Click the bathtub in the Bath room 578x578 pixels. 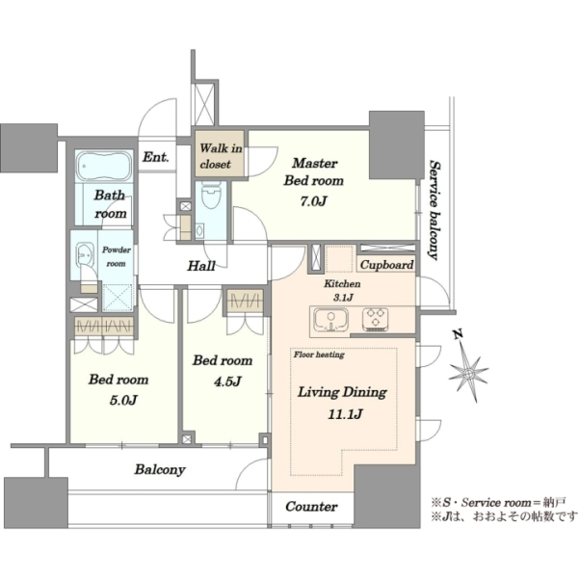point(105,167)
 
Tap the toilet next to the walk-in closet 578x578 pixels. point(211,195)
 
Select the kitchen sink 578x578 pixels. point(330,320)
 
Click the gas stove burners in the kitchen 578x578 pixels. point(376,318)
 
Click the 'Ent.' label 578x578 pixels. point(156,157)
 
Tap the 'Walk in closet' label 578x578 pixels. point(221,156)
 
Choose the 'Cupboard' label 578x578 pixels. point(386,265)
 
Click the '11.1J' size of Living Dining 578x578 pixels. point(346,414)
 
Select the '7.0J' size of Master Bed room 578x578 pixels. point(314,201)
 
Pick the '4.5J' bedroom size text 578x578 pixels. point(227,381)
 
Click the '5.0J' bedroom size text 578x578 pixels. point(123,401)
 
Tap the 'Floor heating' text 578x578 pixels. point(319,355)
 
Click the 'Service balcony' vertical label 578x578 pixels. point(435,210)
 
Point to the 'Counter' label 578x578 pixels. point(311,507)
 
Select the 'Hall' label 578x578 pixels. point(201,266)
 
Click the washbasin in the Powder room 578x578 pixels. point(84,252)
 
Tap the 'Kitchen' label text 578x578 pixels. point(342,283)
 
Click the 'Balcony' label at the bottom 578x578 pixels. point(160,470)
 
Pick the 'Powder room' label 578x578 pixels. point(117,256)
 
